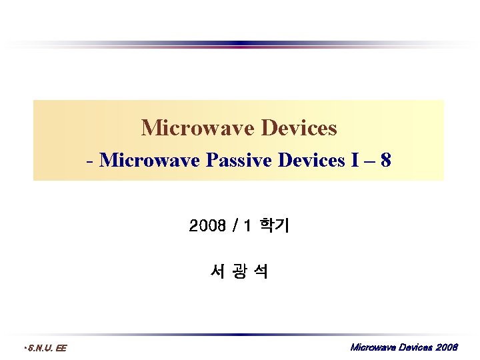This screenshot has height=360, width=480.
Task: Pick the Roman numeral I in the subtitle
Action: [353, 161]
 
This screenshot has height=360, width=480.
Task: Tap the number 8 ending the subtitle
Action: [385, 161]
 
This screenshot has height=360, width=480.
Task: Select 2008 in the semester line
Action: [207, 227]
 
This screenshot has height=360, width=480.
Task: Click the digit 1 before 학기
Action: [247, 227]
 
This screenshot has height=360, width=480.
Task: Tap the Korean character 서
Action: [216, 271]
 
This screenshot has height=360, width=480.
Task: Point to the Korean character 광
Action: [239, 271]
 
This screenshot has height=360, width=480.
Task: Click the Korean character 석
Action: [261, 271]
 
